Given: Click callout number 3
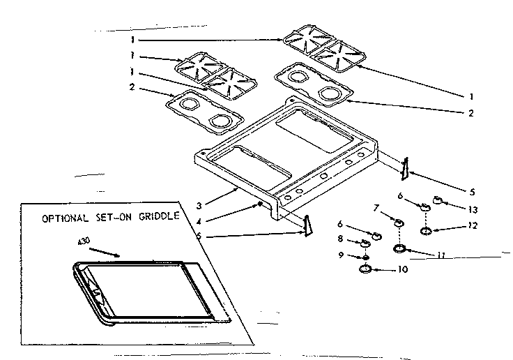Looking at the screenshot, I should click(x=199, y=205).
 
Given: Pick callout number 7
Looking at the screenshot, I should click(x=377, y=207).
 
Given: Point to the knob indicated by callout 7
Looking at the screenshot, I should click(x=399, y=223).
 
